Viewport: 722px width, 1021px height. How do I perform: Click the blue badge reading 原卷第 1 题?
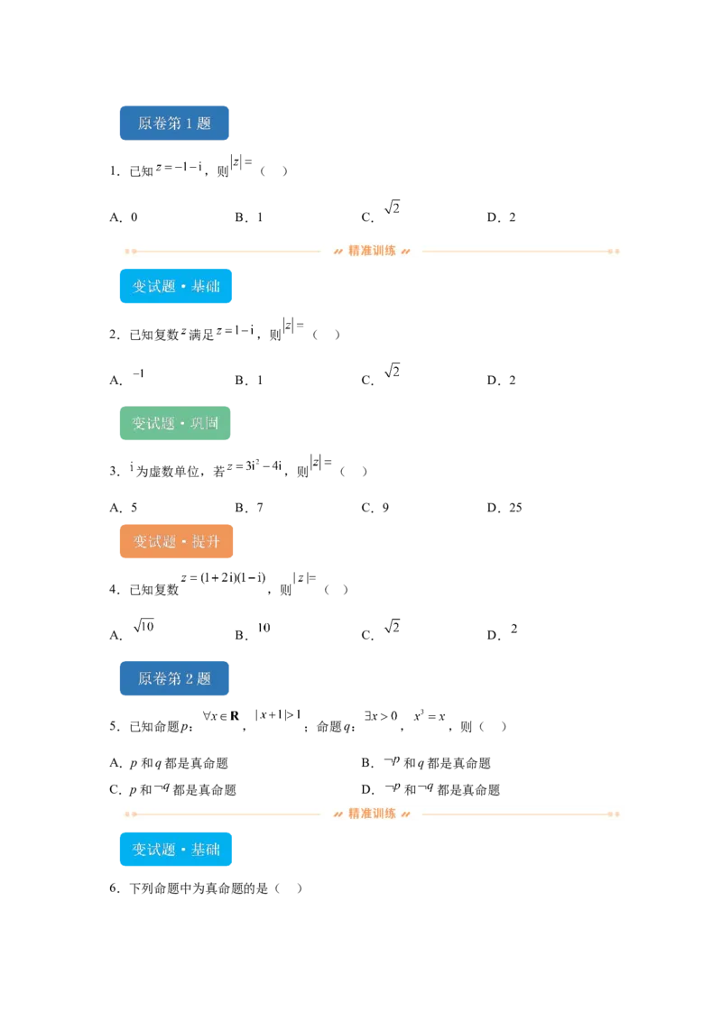coord(174,123)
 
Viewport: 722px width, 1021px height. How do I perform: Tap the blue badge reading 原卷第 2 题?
coord(174,678)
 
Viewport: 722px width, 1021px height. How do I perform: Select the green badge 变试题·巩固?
coord(175,423)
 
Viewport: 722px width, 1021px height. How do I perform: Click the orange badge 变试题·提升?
coord(176,541)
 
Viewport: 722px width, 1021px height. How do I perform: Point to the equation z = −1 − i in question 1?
coord(180,167)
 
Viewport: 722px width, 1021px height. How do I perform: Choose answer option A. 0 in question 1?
coord(124,217)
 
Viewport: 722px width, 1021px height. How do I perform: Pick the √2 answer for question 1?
coord(392,207)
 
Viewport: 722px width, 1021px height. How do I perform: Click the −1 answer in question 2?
coord(138,373)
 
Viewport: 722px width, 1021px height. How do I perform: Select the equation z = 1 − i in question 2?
coord(236,330)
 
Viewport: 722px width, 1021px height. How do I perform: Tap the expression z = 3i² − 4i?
coord(255,465)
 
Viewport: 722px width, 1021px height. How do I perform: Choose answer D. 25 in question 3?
coord(504,508)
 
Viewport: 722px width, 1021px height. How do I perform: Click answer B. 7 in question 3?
coord(250,508)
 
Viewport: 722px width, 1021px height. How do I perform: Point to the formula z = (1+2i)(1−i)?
coord(224,577)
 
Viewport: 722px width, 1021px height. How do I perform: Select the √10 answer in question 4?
coord(143,626)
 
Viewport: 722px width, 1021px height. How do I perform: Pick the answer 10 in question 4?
coord(264,628)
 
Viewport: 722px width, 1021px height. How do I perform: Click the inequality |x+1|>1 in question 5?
coord(278,714)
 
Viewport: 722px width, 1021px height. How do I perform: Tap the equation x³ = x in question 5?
coord(430,715)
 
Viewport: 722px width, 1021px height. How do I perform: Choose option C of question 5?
coord(172,790)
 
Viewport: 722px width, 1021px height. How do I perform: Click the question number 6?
coord(115,888)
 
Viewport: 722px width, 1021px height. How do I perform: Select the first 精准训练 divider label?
coord(372,251)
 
